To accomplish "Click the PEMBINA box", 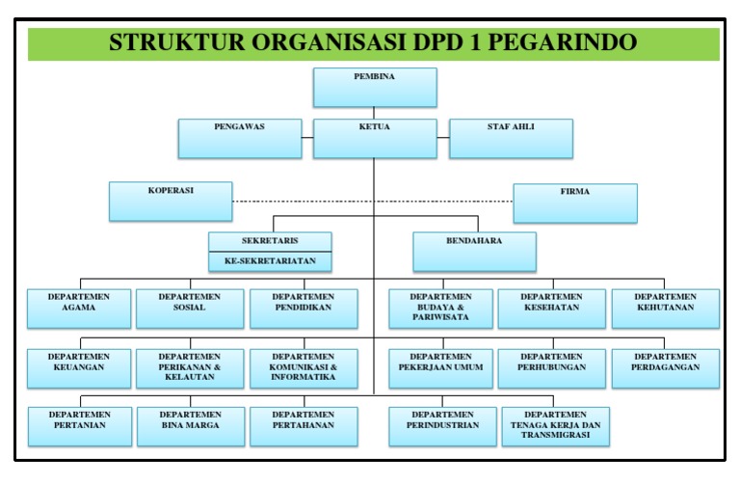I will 375,87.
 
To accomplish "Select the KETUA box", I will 375,138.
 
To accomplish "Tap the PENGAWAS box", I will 239,138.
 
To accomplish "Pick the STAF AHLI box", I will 511,138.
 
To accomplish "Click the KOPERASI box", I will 171,202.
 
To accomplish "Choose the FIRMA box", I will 574,202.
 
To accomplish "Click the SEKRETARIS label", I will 271,241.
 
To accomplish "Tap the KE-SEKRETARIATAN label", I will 271,260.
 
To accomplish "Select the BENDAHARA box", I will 475,251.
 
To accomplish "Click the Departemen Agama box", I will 80,308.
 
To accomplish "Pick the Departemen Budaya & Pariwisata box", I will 442,308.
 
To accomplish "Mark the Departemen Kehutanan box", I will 666,308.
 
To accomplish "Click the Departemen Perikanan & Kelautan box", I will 190,367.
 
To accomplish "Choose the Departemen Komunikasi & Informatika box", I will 304,367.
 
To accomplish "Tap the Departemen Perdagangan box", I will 666,367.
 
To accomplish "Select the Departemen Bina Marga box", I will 190,426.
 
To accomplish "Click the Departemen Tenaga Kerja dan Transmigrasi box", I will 556,426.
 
